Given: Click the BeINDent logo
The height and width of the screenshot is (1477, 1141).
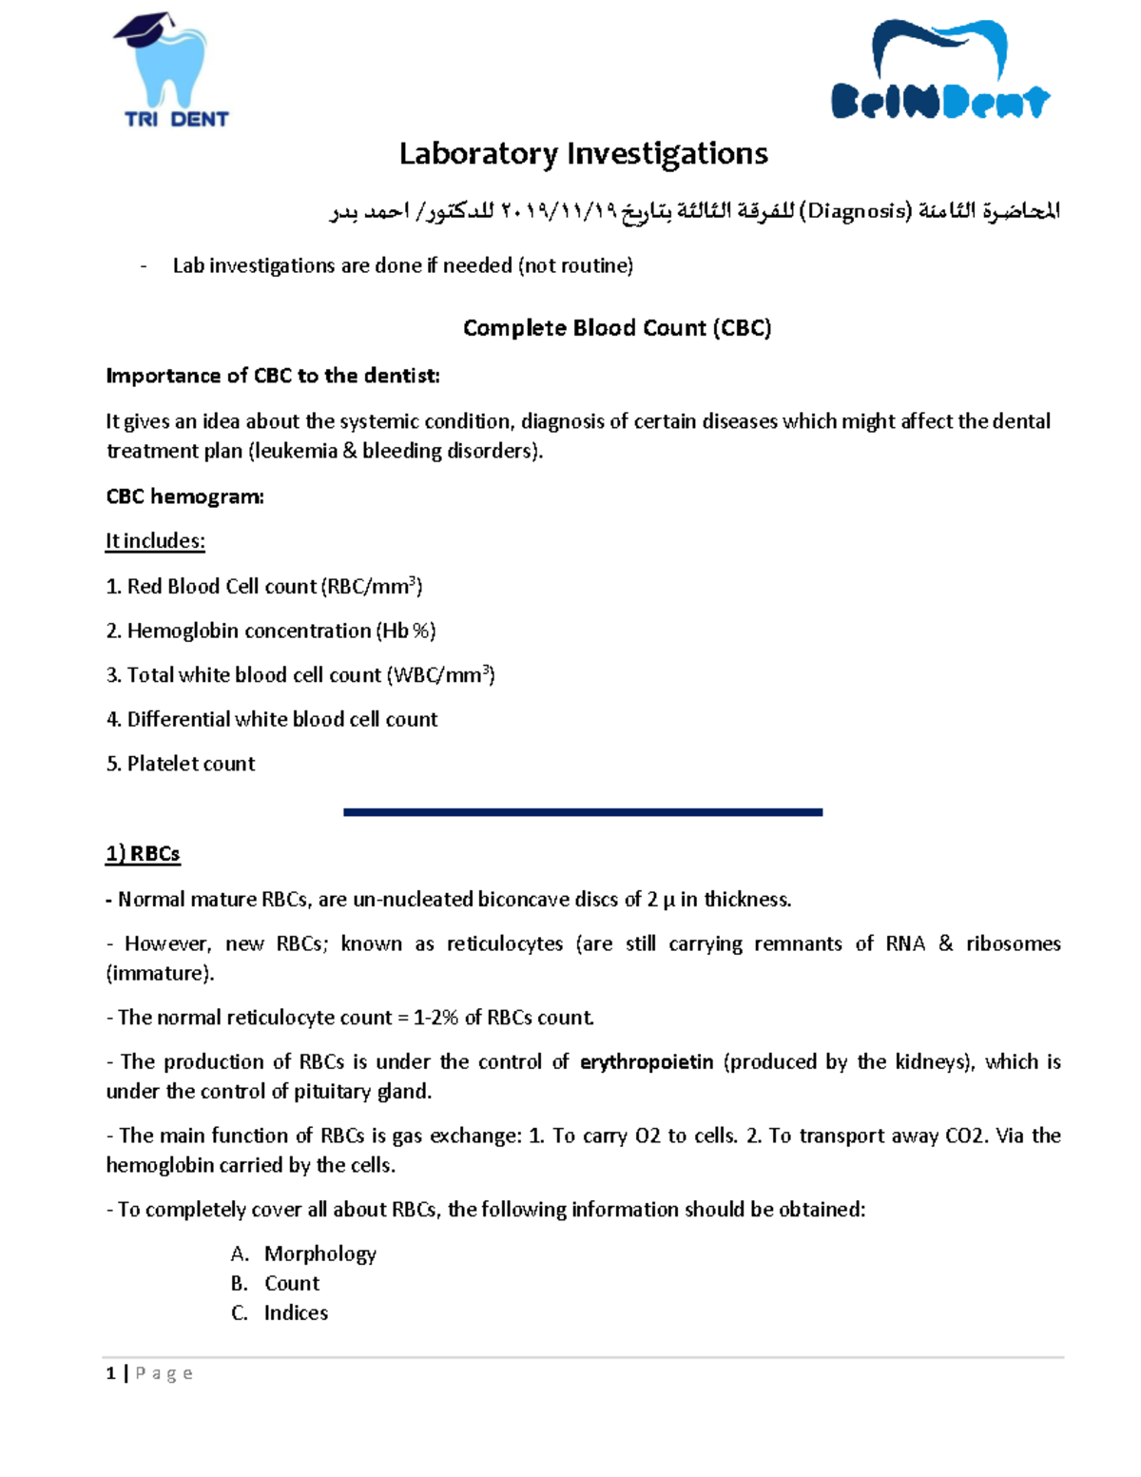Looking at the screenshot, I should [x=939, y=72].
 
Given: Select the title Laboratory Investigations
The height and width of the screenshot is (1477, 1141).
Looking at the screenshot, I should [x=583, y=153].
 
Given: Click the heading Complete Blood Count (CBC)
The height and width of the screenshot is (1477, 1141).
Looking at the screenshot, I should [x=616, y=328].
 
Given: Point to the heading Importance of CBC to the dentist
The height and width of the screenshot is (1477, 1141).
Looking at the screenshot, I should [x=273, y=376].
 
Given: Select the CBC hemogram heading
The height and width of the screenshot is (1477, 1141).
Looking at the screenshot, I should [x=184, y=496].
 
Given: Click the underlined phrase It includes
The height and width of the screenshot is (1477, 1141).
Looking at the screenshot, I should [x=155, y=541].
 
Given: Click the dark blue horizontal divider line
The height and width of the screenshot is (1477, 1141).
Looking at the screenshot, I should [x=582, y=812].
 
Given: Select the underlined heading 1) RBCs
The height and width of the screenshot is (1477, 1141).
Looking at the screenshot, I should [x=143, y=854].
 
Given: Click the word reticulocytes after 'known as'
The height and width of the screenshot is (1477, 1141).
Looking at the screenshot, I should [x=504, y=943].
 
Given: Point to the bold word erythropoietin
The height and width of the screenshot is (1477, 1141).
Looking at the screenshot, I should [x=647, y=1061].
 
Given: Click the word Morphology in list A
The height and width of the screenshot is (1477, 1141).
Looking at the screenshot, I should [x=319, y=1254].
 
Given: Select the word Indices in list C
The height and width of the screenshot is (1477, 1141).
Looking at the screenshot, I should [x=296, y=1312].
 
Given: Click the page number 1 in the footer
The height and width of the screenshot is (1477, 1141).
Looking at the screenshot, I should [x=111, y=1372].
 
